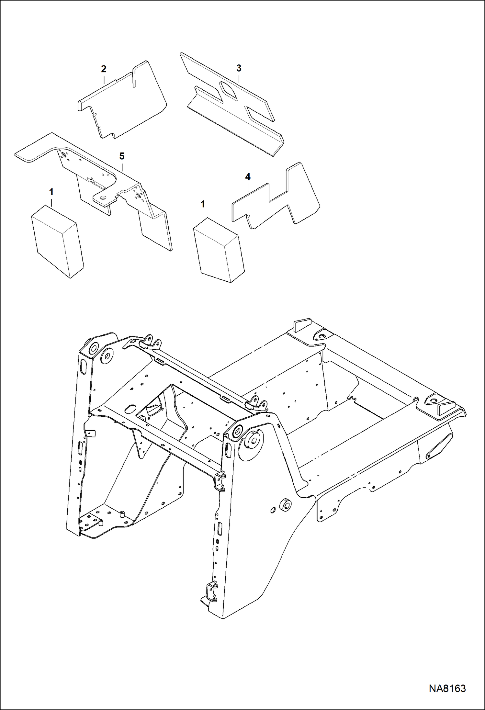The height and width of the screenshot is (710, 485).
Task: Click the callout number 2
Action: point(104,69)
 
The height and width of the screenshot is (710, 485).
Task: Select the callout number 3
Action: point(239,68)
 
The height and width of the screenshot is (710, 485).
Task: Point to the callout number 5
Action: point(122,156)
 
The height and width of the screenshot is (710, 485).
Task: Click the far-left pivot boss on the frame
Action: point(92,349)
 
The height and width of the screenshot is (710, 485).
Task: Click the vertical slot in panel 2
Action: point(134,77)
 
